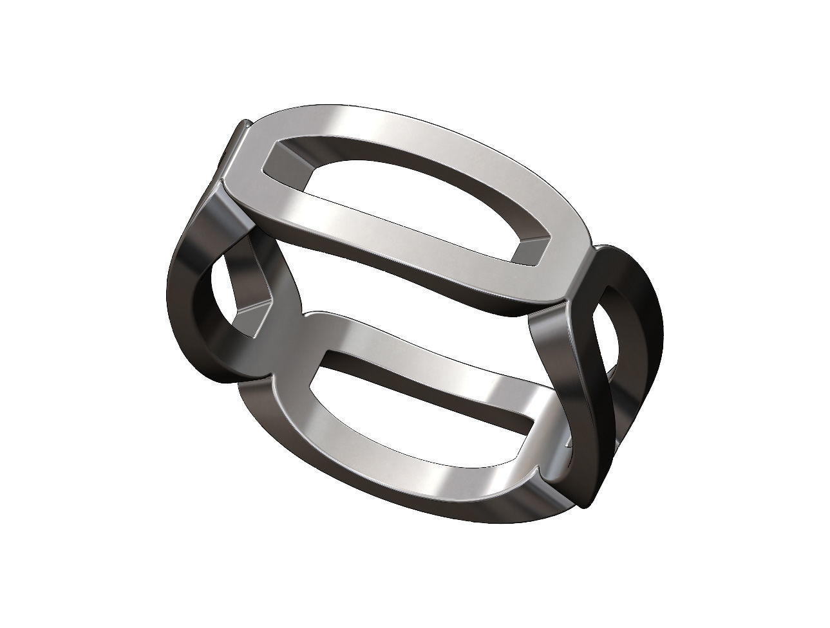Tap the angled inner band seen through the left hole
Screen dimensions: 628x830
254,283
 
